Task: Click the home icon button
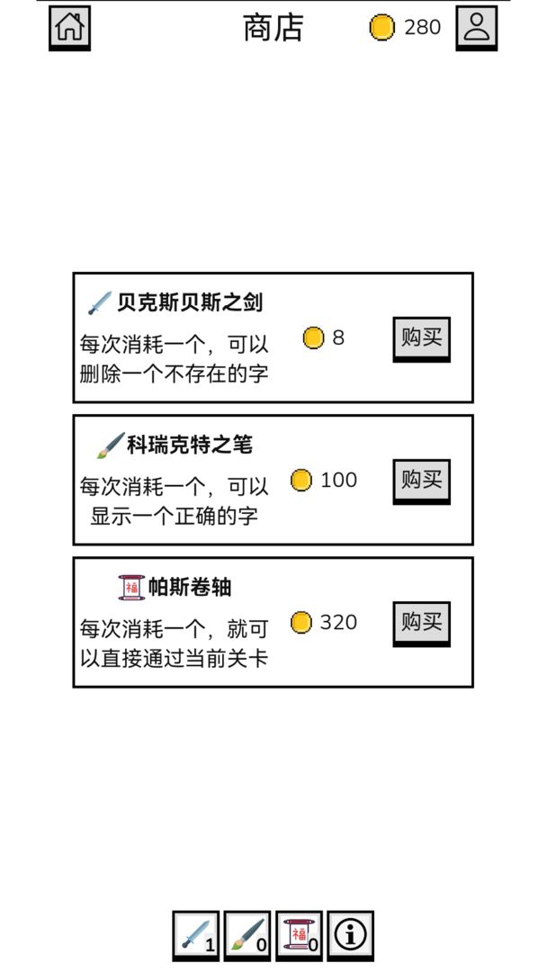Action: [x=69, y=28]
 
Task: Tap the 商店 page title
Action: [x=273, y=28]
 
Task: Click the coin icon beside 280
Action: [x=381, y=28]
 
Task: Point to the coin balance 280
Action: [x=423, y=27]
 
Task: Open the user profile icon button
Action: [x=477, y=28]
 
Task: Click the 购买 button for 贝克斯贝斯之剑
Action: [x=421, y=339]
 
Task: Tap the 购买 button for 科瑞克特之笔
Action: [x=421, y=481]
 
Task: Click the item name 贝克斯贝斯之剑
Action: [x=190, y=302]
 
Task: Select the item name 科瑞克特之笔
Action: [x=190, y=445]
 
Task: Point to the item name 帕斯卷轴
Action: [x=190, y=587]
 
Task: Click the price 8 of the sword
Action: [x=338, y=337]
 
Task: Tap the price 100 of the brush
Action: [x=339, y=480]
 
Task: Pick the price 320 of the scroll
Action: [x=339, y=622]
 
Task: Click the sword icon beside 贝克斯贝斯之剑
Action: [x=100, y=303]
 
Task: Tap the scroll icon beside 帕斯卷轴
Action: [x=131, y=588]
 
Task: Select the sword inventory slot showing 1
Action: [x=196, y=935]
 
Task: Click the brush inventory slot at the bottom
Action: [x=247, y=935]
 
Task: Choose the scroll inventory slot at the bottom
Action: [x=300, y=935]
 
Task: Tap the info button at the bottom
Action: [x=351, y=935]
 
